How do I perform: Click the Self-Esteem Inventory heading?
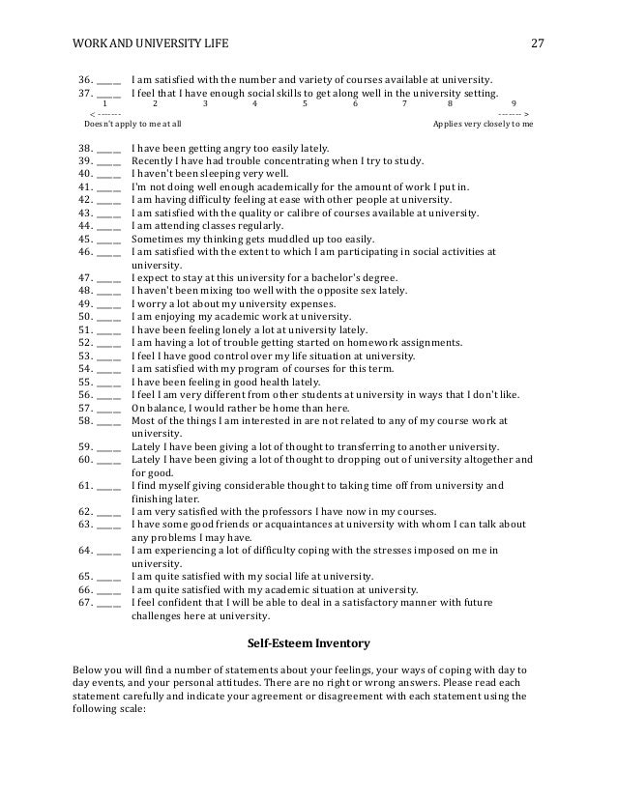[308, 641]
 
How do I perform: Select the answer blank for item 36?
[109, 80]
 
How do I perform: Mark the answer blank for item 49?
[109, 304]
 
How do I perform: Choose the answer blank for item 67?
[109, 604]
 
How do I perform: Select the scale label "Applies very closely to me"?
[483, 125]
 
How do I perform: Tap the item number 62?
[84, 512]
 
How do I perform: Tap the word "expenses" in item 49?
[306, 304]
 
